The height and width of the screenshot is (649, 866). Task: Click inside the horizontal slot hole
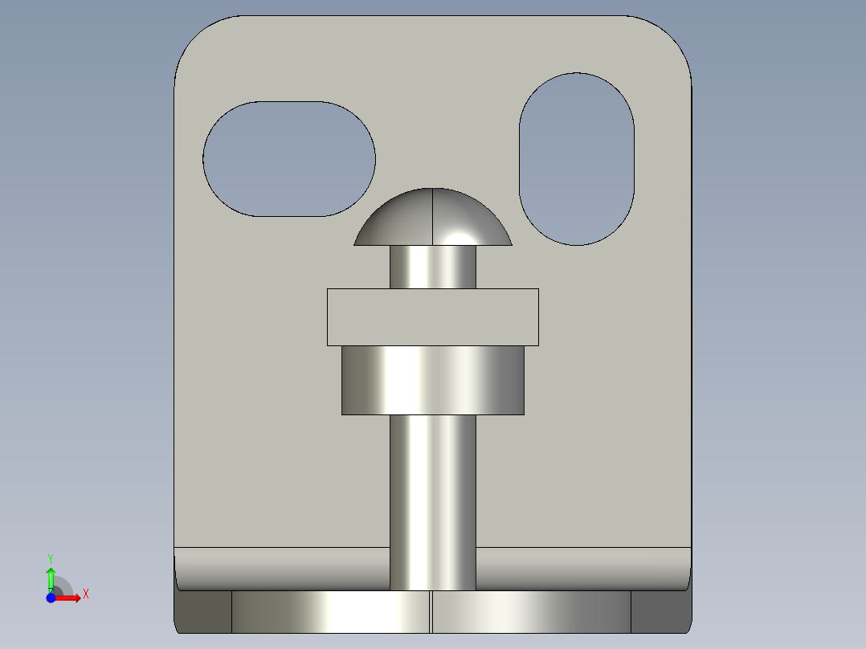pos(289,159)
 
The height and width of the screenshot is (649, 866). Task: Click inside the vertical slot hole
pos(577,159)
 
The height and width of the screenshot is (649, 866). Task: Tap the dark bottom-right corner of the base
pos(660,612)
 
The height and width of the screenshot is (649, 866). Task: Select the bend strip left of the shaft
pos(281,569)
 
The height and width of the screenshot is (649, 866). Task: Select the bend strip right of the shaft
pos(582,569)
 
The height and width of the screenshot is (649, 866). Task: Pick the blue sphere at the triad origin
pos(51,598)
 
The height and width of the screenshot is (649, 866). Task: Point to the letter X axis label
pos(86,594)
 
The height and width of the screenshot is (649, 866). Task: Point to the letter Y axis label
pos(51,558)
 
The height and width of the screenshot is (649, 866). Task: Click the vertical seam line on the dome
pos(433,217)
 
